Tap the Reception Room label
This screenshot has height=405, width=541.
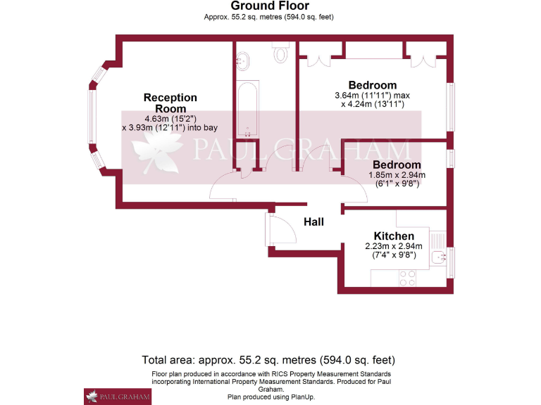[170, 103]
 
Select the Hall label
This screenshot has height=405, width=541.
[313, 221]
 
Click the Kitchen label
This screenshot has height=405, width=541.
[394, 236]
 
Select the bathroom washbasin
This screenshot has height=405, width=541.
[242, 60]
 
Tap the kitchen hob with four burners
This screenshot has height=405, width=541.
[407, 278]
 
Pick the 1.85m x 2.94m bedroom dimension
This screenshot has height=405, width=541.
[397, 175]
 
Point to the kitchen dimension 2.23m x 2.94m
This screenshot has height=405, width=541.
[394, 246]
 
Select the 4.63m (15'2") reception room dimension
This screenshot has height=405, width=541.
[170, 118]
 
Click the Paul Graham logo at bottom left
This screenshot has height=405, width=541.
[117, 396]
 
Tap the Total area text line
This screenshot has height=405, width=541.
[268, 359]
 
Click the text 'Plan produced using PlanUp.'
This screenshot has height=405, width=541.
[270, 397]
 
